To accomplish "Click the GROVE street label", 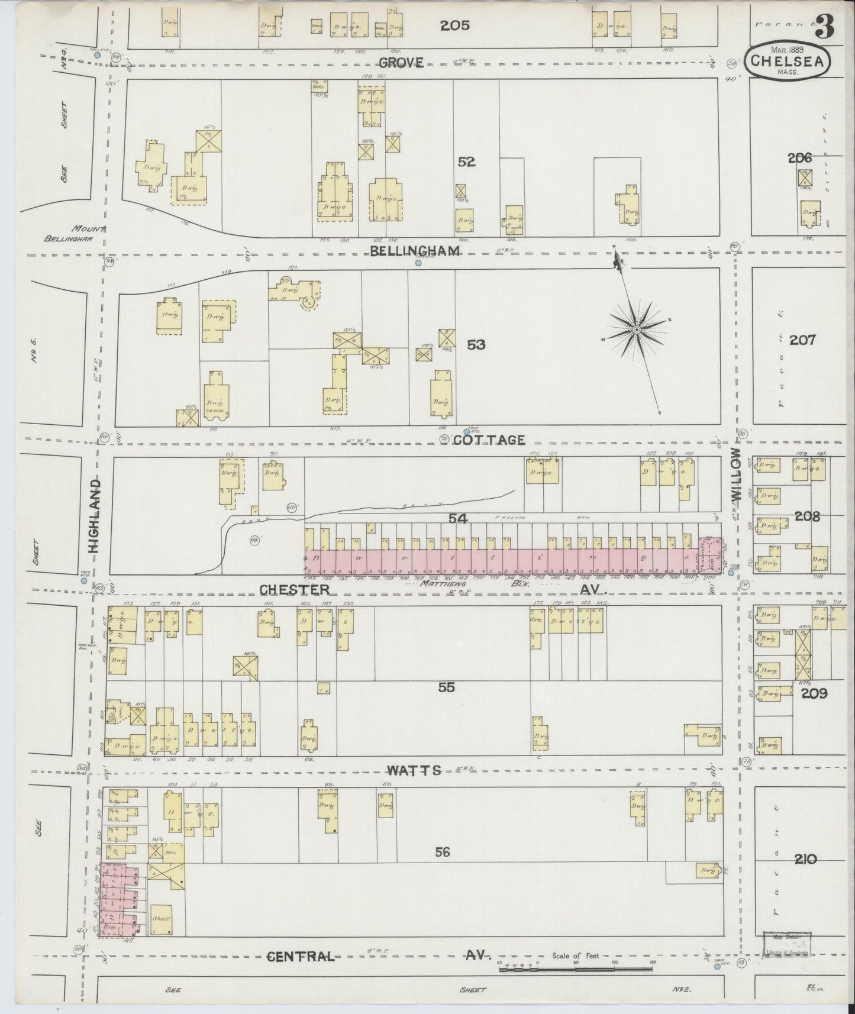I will pos(401,62).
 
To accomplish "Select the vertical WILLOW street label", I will pos(735,474).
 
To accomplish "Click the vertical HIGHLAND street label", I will pos(95,516).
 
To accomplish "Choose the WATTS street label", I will pos(414,770).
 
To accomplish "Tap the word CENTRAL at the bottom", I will pos(300,957).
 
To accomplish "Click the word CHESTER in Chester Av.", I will pos(294,589).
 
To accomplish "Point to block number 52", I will pos(466,162).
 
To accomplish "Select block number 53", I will pos(476,344).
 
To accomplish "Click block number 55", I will pos(447,687).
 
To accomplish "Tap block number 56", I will pos(443,852).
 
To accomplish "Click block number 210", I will pos(805,859).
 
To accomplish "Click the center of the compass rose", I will pos(636,329).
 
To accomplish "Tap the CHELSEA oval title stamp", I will pos(787,61).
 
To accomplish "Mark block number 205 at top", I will pos(455,25).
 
